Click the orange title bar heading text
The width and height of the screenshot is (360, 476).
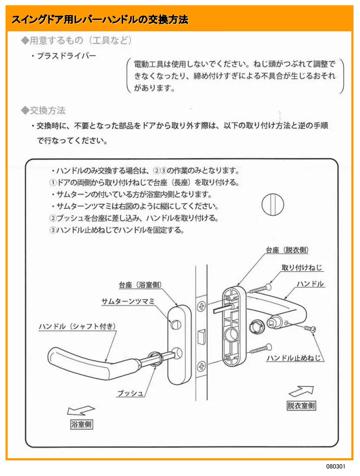(x=100, y=20)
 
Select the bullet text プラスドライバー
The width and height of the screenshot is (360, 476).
(x=64, y=56)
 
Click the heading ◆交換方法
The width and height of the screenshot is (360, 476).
(x=43, y=110)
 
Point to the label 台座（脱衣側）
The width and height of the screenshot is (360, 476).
(x=287, y=250)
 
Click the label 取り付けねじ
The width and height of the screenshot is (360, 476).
(x=302, y=267)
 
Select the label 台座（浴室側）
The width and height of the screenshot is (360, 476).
(x=140, y=285)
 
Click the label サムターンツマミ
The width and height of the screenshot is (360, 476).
(x=128, y=301)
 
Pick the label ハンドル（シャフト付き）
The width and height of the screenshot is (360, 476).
(x=77, y=326)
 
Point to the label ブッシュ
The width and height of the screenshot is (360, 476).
(x=130, y=393)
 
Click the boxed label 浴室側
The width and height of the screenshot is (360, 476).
(x=82, y=424)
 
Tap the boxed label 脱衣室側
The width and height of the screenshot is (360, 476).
(x=302, y=406)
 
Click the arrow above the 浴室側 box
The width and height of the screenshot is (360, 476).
(x=81, y=411)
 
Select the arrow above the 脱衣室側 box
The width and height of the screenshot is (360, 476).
(x=301, y=392)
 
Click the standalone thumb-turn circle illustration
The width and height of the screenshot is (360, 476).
(x=272, y=204)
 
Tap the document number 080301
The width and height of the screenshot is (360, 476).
(x=336, y=466)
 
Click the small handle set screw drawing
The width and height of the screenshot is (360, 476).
(x=310, y=328)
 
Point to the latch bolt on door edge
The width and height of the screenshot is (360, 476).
(x=202, y=337)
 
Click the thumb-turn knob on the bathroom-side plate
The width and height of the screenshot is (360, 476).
(x=175, y=325)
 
